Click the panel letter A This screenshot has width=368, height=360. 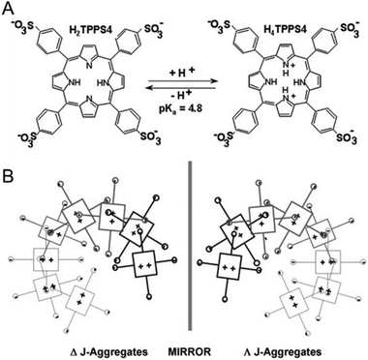(9, 9)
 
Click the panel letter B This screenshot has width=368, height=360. (9, 187)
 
